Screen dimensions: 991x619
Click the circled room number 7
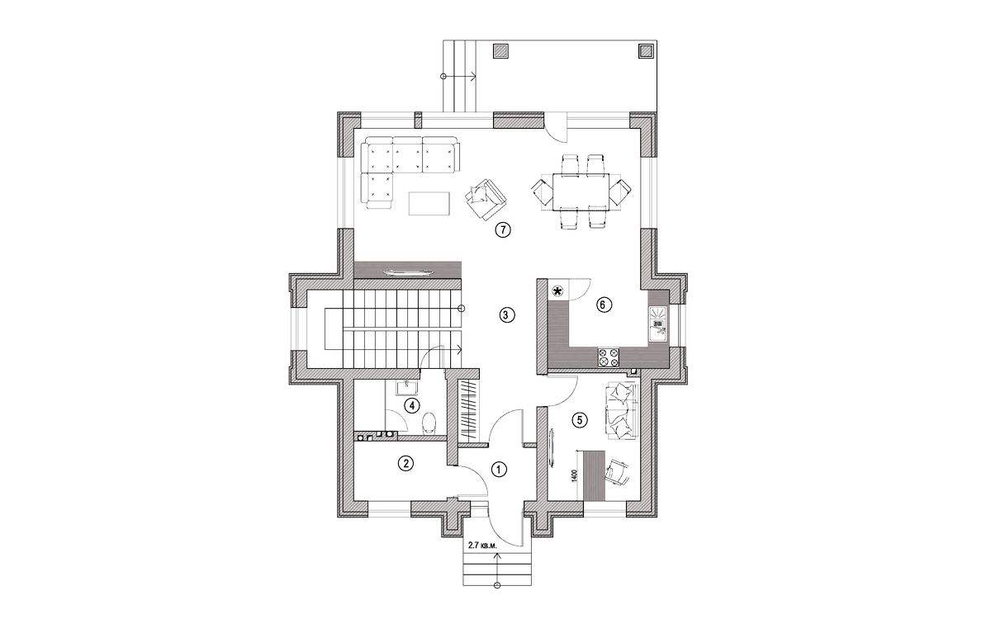click(503, 229)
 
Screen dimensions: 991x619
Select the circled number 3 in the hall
click(506, 314)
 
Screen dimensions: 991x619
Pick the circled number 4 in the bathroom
click(412, 405)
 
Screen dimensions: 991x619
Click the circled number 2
click(405, 463)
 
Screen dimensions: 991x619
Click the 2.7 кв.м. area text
click(482, 546)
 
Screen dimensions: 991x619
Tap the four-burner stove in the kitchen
click(609, 357)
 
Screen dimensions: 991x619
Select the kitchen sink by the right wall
click(659, 325)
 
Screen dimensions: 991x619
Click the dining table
click(581, 191)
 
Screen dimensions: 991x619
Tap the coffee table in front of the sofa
click(429, 203)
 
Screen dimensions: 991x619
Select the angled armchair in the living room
click(486, 200)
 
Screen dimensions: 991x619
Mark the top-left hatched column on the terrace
click(500, 51)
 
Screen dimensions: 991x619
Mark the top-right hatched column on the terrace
click(647, 51)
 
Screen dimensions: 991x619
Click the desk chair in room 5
click(617, 472)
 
